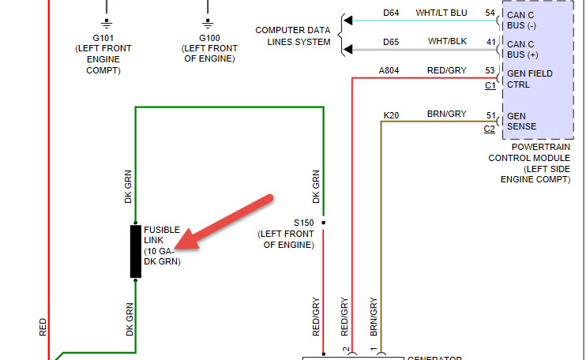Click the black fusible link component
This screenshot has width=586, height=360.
point(136,251)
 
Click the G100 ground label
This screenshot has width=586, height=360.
point(209,37)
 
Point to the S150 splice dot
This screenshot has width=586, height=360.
point(322,223)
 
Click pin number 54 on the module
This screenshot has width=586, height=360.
point(490,13)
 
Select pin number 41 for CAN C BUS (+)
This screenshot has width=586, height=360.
point(490,42)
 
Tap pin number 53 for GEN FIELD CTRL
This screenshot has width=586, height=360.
point(490,71)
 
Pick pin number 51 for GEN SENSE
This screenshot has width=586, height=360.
point(490,114)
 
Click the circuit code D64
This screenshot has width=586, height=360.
point(391,13)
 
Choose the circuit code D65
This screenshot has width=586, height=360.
point(391,42)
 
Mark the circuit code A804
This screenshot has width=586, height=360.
point(389,71)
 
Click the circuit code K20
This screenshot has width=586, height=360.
point(391,114)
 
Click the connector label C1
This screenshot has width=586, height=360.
point(490,85)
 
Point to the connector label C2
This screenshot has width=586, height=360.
point(490,129)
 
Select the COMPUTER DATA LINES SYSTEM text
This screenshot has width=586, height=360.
point(292,36)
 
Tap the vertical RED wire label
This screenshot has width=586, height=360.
point(43,328)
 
